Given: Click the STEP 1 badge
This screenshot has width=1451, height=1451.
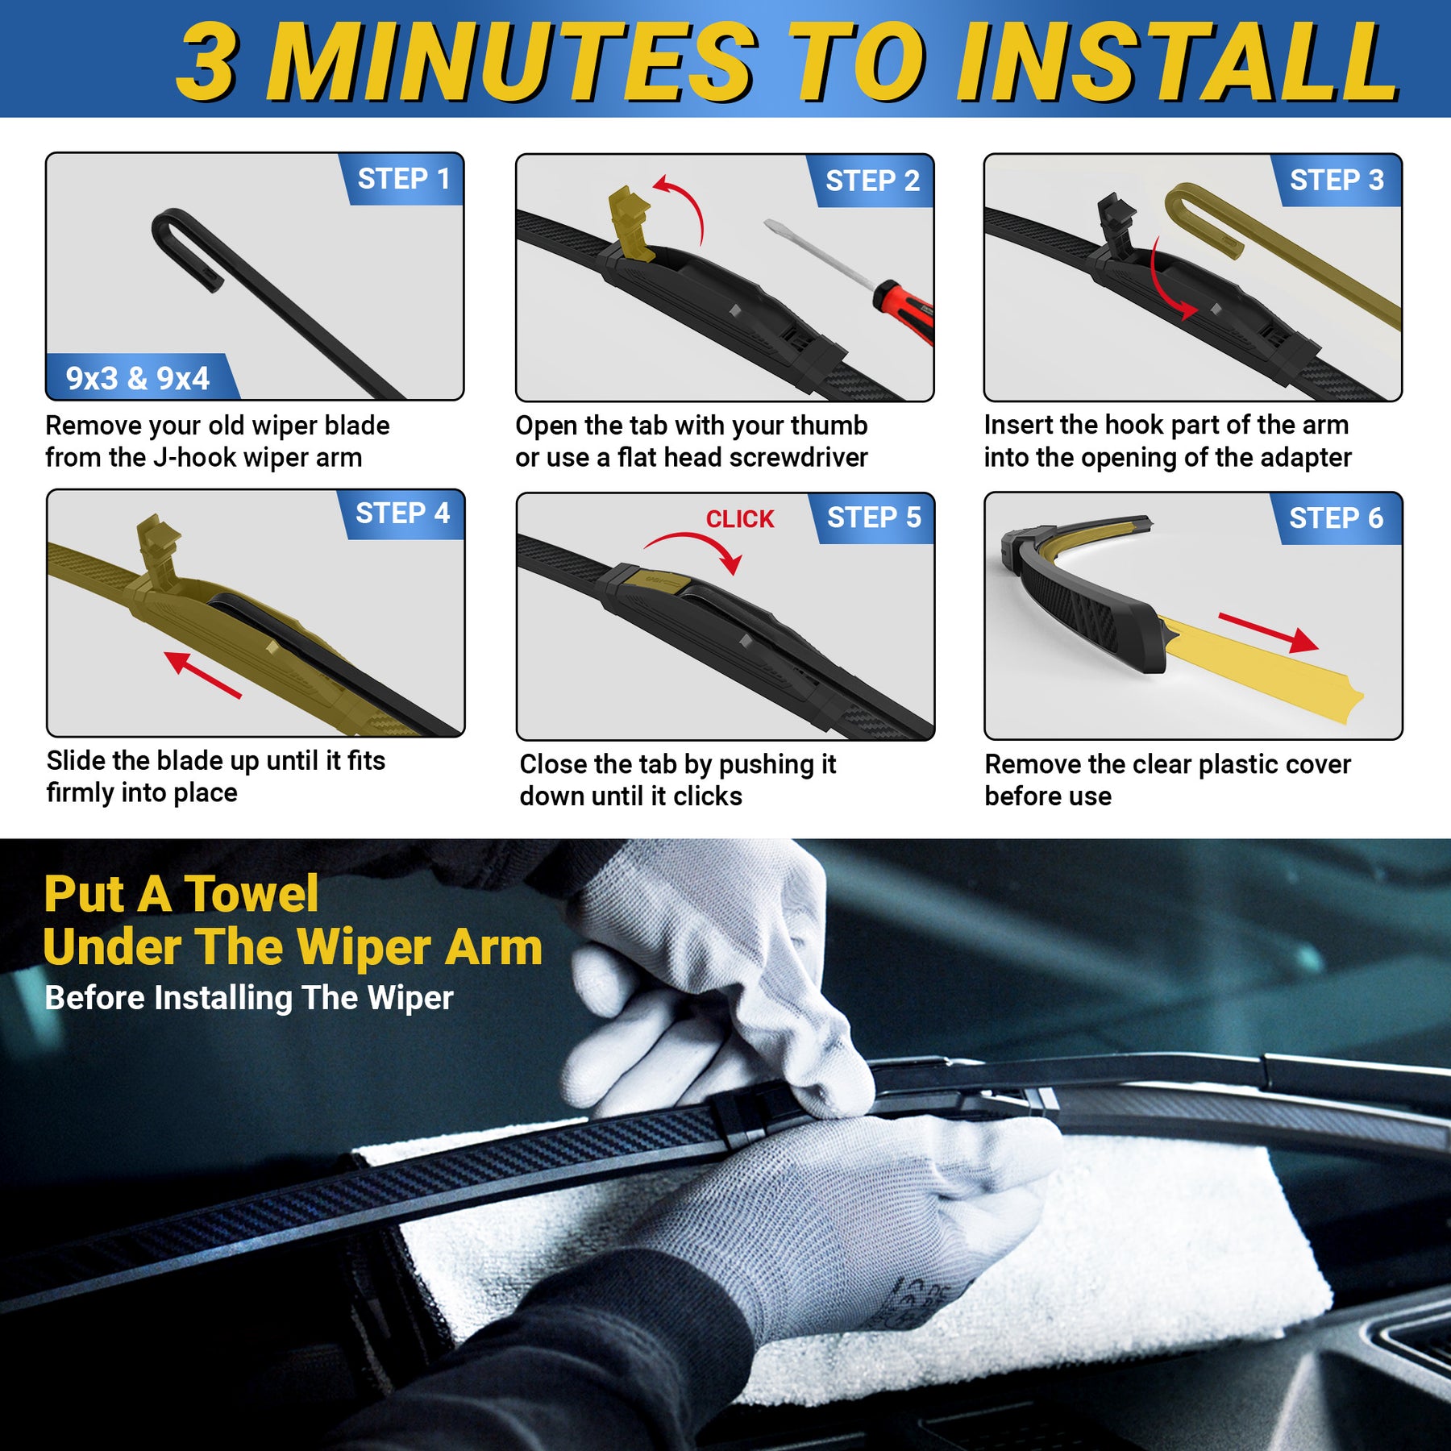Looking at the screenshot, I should point(403,179).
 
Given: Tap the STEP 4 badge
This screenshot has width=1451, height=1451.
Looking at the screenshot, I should point(401,513).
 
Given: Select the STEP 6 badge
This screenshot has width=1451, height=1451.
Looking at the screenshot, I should point(1335,518).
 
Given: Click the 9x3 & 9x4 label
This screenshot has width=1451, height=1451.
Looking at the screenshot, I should point(138,378).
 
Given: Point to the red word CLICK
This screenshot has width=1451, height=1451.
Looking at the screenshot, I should point(739,519).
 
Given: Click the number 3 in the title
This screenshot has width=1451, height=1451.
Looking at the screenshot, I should point(207,63).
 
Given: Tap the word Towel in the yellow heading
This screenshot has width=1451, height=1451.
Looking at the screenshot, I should point(251,894).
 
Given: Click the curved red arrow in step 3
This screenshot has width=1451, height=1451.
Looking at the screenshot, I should point(1166,286).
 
